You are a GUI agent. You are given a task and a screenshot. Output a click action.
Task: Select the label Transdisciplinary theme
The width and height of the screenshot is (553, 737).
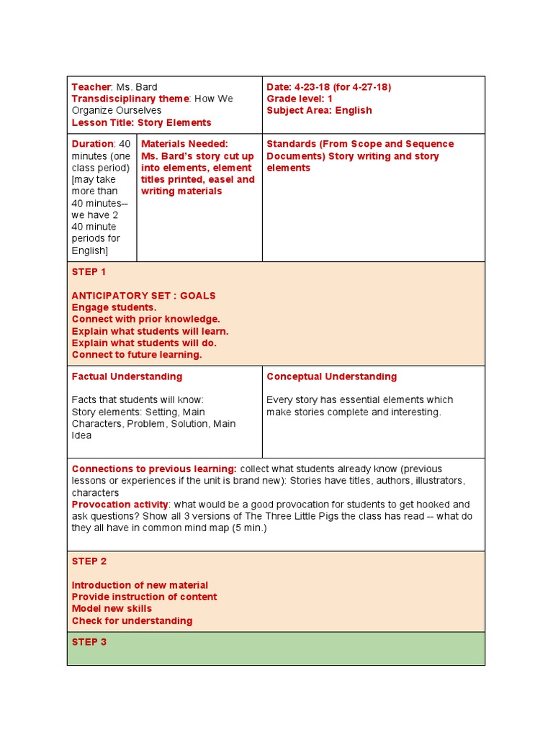(x=130, y=99)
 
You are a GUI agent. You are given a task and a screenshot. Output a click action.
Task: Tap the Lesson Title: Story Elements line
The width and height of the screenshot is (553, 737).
(x=141, y=122)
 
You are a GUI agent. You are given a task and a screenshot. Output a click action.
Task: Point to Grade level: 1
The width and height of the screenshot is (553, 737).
(x=300, y=99)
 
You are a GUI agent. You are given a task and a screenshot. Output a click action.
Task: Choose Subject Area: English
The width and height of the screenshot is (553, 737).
(x=319, y=110)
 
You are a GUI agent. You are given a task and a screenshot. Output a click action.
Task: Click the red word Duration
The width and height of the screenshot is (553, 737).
(x=93, y=144)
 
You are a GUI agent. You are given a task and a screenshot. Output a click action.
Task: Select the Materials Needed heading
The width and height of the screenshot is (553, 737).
(x=184, y=144)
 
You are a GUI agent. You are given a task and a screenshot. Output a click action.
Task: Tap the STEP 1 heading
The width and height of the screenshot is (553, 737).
(x=89, y=272)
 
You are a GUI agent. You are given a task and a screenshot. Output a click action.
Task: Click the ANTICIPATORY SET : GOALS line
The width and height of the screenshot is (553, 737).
(x=143, y=296)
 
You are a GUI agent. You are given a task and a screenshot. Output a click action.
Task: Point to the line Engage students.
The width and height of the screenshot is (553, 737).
(x=114, y=307)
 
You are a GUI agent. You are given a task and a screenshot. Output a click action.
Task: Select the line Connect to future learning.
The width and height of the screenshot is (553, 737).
(x=137, y=354)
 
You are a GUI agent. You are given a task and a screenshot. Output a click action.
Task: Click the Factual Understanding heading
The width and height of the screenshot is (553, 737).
(x=127, y=376)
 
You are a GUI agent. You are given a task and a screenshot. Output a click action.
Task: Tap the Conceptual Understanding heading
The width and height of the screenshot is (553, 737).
(x=331, y=376)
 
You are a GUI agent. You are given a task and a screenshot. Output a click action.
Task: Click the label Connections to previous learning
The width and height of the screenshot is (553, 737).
(x=154, y=469)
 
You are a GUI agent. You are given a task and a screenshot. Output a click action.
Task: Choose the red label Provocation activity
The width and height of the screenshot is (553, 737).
(x=120, y=505)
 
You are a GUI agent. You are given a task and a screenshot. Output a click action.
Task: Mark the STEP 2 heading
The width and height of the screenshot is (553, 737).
(x=89, y=561)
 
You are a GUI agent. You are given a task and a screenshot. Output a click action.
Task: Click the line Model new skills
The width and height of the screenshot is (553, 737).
(x=112, y=608)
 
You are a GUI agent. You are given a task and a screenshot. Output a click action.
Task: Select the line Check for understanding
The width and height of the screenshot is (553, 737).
(x=132, y=620)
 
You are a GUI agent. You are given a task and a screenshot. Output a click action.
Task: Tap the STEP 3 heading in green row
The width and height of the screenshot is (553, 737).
(x=89, y=642)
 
